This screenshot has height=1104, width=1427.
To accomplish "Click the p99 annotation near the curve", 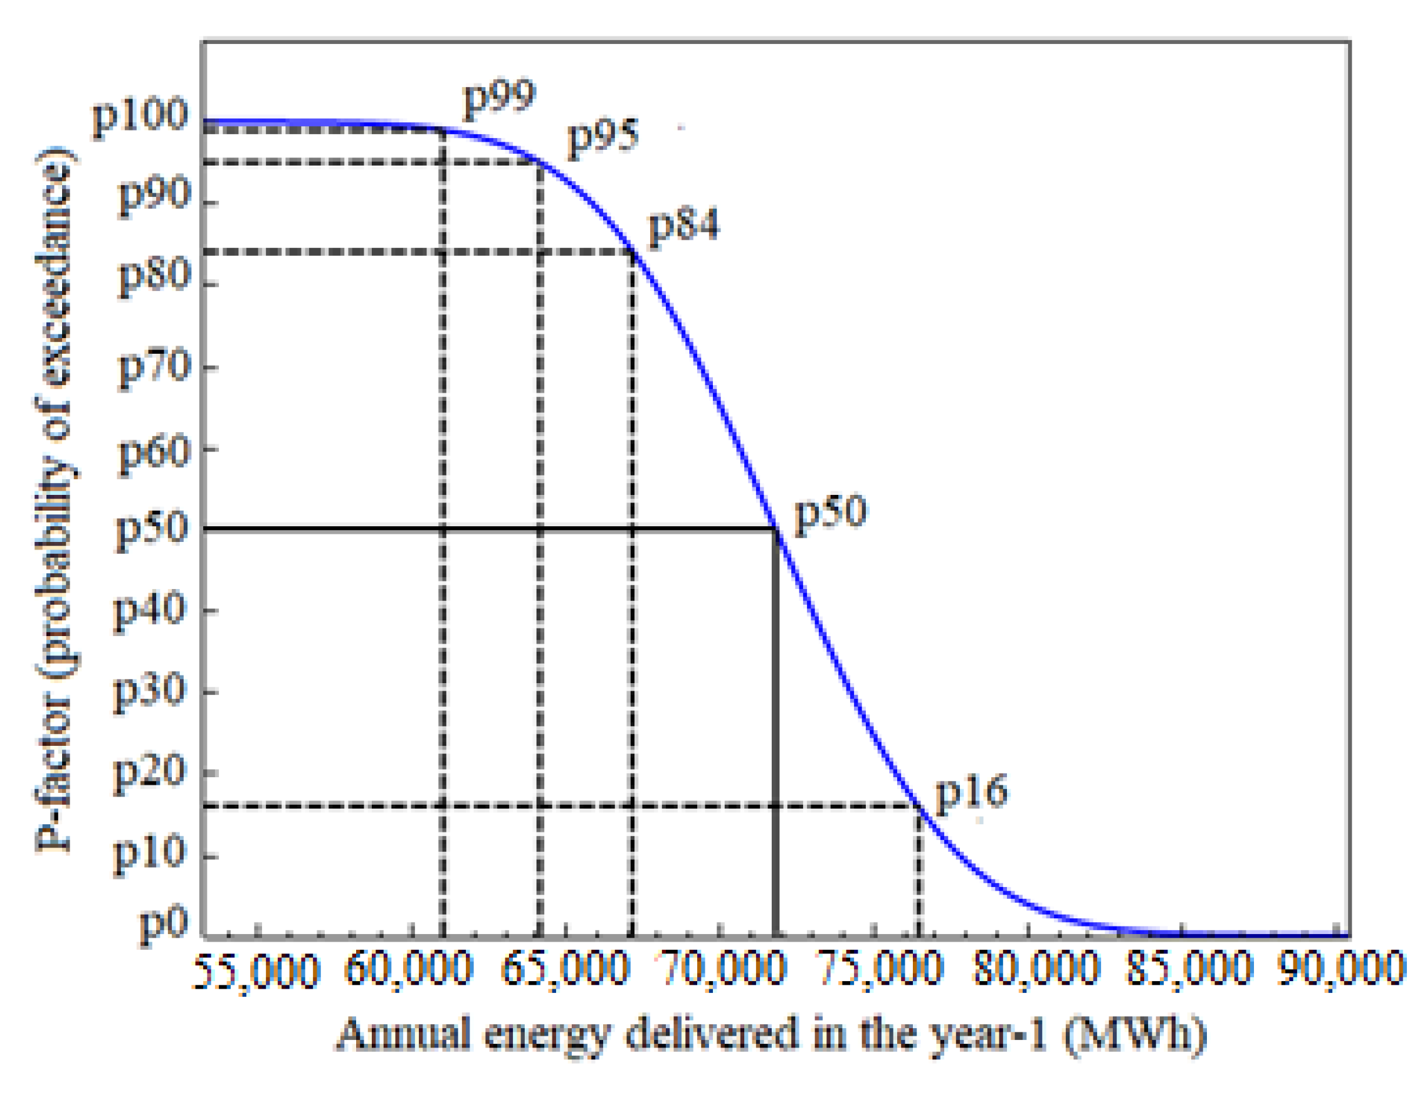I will point(499,99).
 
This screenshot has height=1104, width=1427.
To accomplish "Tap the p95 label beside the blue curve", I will point(603,138).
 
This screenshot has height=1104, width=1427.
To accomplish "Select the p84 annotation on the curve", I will point(683,226).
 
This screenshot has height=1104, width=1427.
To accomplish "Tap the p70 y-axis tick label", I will point(154,369).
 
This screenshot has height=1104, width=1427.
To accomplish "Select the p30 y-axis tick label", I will point(150,693).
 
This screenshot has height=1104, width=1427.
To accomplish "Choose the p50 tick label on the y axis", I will point(152,531).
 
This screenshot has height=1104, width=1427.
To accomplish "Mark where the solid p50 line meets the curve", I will point(776,528).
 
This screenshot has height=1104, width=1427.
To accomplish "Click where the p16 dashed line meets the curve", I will point(919,807).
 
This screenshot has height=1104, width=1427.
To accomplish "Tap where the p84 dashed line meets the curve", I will point(633,252).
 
